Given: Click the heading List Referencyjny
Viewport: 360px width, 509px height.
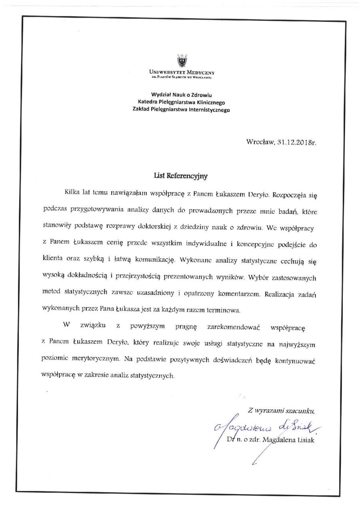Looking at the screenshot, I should [x=181, y=175].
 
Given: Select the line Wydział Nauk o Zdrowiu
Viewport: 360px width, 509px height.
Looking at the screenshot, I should [x=181, y=95].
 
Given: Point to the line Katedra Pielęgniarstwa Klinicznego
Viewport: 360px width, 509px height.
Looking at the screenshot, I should [x=181, y=102].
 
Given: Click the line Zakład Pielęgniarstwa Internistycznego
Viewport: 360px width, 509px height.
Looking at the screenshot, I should [x=181, y=109].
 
